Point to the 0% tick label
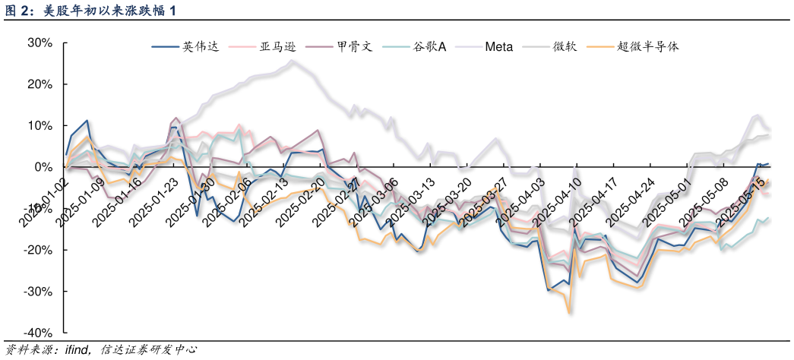coord(43,167)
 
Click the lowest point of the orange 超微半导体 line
coord(568,312)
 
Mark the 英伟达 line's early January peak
coord(87,120)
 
